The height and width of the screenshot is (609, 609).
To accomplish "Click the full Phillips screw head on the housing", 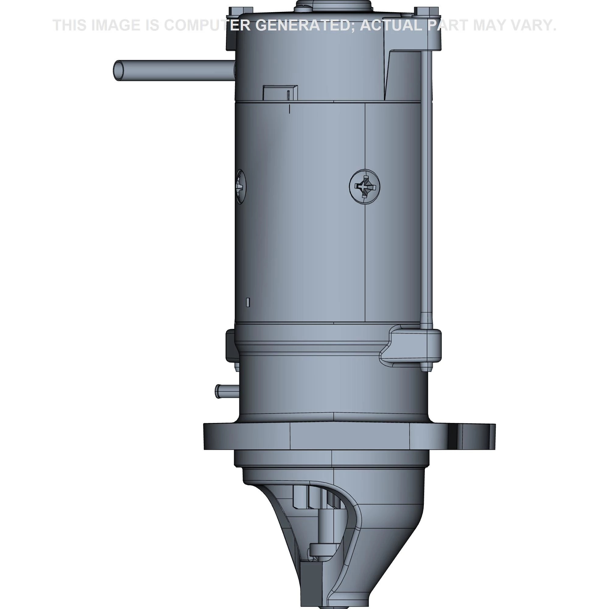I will (365, 187).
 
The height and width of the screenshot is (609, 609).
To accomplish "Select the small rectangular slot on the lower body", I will (248, 302).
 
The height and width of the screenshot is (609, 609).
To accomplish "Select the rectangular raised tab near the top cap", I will (280, 93).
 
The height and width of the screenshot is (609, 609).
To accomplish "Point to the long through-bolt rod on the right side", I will (426, 189).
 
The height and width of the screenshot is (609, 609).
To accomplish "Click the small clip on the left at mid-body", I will (230, 346).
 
